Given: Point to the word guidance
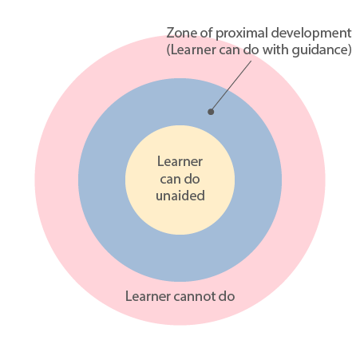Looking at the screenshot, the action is (x=319, y=50).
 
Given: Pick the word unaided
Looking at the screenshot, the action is (x=180, y=196).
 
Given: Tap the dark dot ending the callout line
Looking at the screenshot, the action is (x=211, y=112).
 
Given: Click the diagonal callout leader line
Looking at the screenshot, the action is (x=231, y=86).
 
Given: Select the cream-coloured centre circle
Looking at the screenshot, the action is (x=180, y=180).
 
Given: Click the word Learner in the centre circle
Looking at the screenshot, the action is (x=180, y=161).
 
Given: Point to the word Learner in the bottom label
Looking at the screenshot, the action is (x=148, y=296).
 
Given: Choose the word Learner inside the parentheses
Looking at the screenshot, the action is (x=193, y=49).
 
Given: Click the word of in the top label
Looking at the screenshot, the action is (x=207, y=33).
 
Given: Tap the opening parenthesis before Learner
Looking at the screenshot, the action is (x=168, y=50).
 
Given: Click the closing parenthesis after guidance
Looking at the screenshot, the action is (x=350, y=50).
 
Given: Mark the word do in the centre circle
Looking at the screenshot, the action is (x=192, y=179).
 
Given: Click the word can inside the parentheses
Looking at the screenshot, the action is (x=229, y=50).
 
